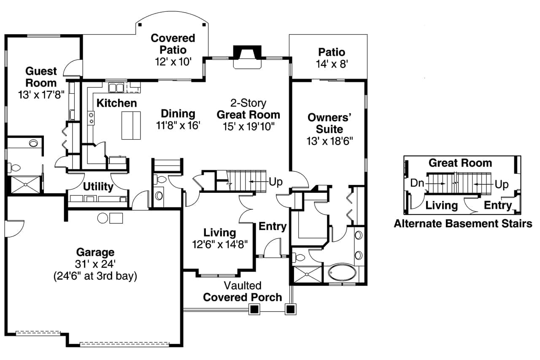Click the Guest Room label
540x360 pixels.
tap(41, 76)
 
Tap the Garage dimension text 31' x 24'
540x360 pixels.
tap(96, 265)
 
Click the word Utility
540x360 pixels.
tap(97, 187)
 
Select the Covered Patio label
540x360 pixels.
tap(173, 44)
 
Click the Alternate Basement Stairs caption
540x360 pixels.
tap(463, 224)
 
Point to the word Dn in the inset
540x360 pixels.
tap(417, 184)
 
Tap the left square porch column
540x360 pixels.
tap(254, 309)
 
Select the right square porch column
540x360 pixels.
tap(290, 309)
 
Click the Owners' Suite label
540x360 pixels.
tap(329, 123)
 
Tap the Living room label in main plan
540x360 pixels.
tap(219, 233)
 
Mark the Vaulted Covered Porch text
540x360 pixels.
tap(243, 292)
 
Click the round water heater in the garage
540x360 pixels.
tap(103, 218)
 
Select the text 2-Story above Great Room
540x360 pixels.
tap(248, 103)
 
